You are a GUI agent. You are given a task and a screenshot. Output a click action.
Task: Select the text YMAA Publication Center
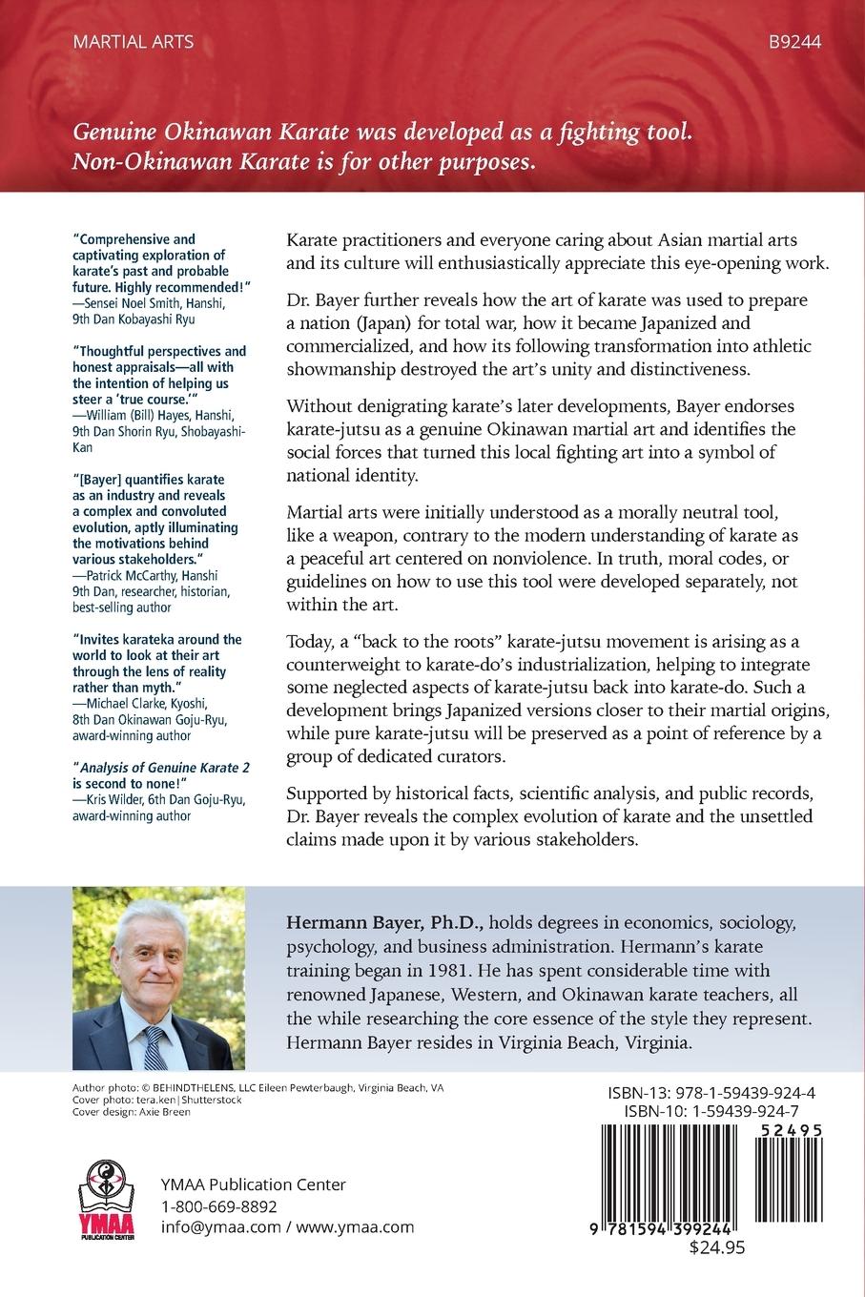click(x=253, y=1184)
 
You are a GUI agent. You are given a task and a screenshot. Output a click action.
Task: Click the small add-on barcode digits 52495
click(x=788, y=1129)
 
